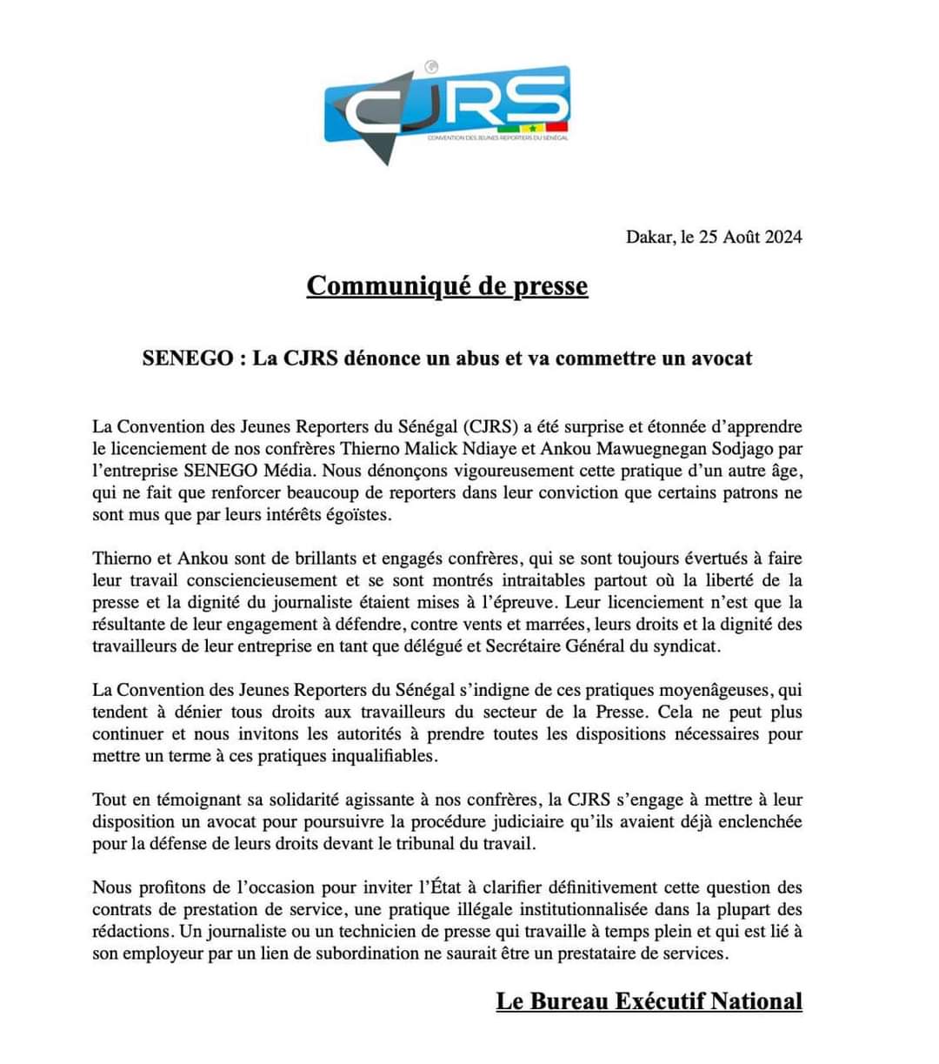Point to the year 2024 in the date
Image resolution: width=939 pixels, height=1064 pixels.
point(782,237)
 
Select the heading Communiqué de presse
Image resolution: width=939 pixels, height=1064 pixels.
point(447,285)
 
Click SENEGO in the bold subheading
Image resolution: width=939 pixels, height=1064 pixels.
point(184,358)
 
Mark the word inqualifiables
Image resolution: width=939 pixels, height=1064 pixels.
point(382,756)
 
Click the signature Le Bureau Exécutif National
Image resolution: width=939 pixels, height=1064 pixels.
point(649,1001)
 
